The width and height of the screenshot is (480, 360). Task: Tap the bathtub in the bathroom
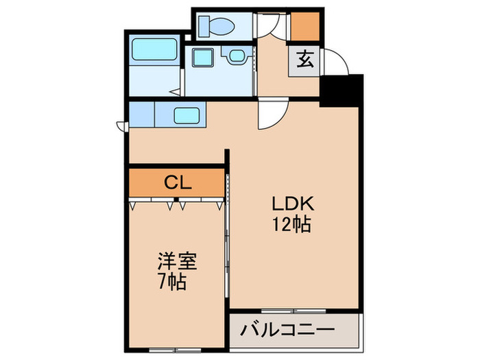(155, 51)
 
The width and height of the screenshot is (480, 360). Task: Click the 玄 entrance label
(305, 60)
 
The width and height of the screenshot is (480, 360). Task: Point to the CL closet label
(177, 183)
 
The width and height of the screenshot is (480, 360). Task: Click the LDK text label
(293, 204)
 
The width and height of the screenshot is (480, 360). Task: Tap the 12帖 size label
(293, 224)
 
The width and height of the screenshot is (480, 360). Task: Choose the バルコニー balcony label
(287, 330)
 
